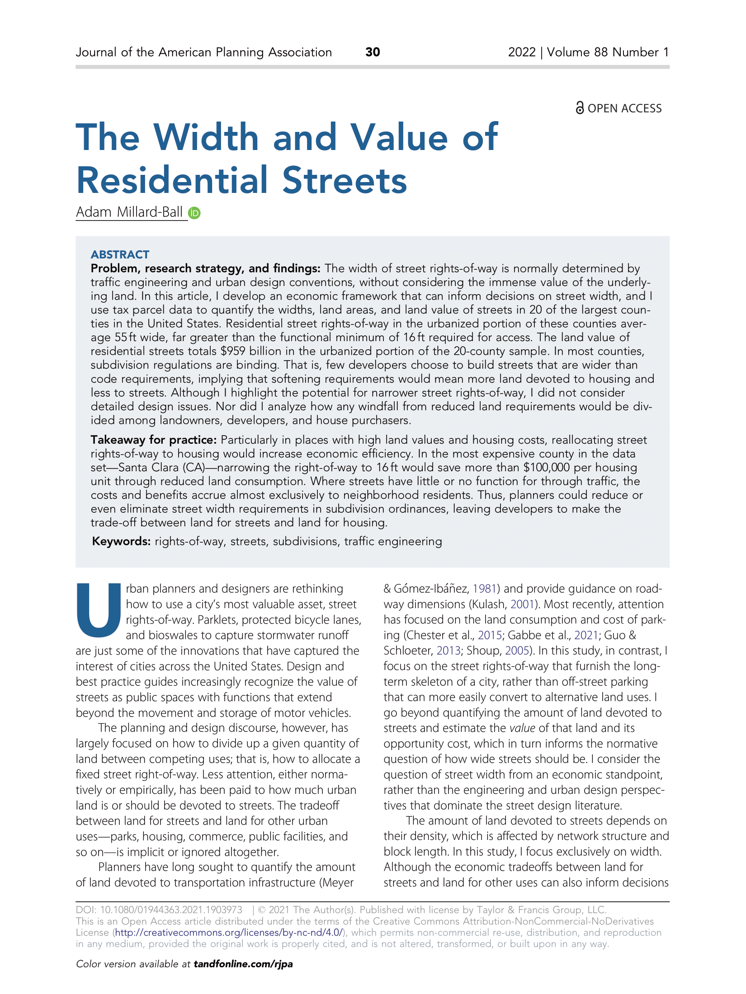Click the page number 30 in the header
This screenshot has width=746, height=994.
click(x=373, y=52)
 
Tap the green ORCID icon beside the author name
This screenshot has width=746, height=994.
click(x=194, y=213)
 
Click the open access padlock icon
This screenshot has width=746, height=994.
click(x=580, y=108)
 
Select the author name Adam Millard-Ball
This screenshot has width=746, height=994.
click(x=129, y=212)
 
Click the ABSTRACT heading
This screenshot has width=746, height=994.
click(x=120, y=254)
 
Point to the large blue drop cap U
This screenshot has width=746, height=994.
click(x=99, y=610)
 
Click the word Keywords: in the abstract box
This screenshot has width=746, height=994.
click(x=121, y=541)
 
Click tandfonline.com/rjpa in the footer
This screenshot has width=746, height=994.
click(x=243, y=964)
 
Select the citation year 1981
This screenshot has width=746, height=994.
click(x=485, y=589)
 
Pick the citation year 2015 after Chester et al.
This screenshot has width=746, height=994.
click(x=490, y=635)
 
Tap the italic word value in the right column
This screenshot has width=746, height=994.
click(x=522, y=728)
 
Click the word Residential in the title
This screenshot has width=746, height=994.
click(x=172, y=180)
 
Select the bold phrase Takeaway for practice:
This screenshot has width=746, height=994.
click(x=154, y=440)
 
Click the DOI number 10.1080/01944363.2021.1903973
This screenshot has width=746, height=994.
click(x=171, y=910)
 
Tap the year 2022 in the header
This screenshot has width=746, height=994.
click(x=522, y=52)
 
